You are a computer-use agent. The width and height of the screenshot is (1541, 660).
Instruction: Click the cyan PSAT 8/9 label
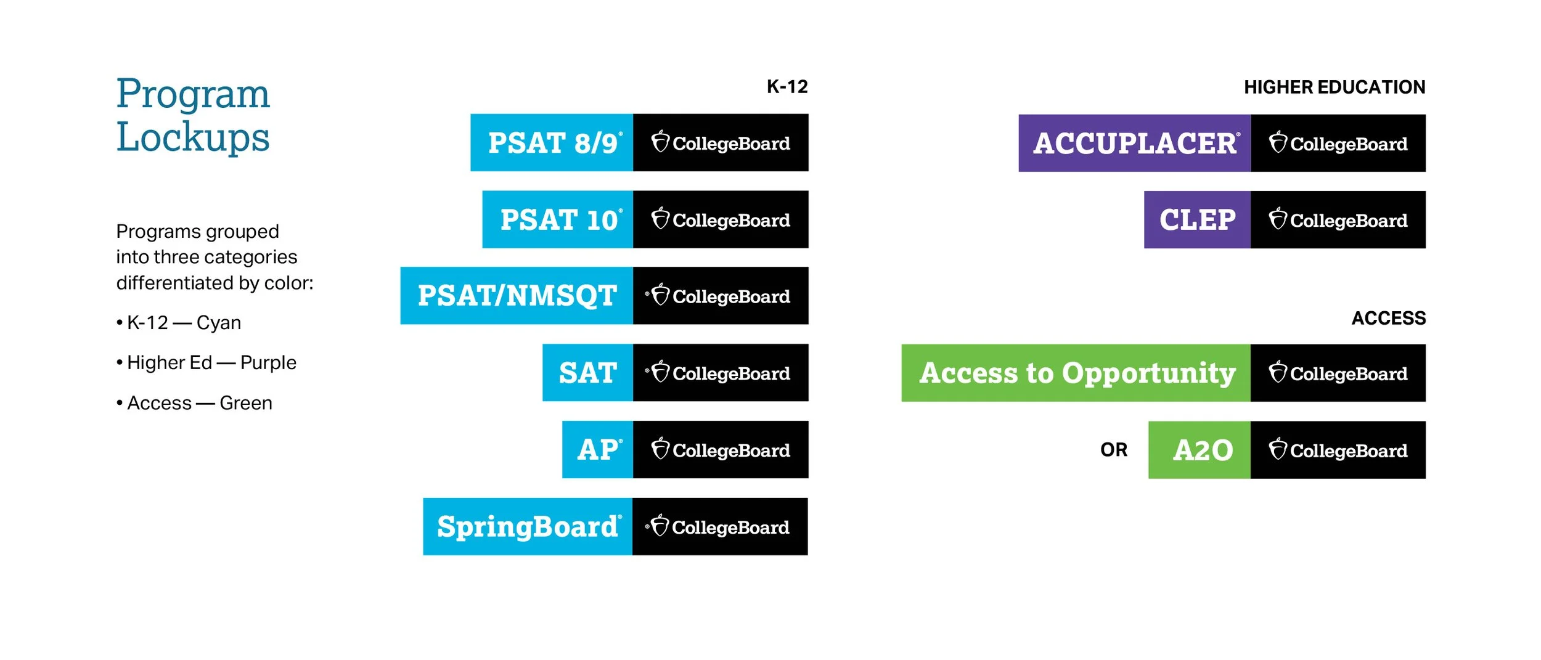point(552,142)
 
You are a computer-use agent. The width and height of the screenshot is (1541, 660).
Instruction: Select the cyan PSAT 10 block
point(557,219)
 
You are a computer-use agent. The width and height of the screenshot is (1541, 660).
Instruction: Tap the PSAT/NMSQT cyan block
point(517,296)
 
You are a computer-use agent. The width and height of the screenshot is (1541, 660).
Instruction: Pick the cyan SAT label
point(587,373)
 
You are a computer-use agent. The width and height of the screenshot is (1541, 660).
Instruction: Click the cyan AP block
point(597,450)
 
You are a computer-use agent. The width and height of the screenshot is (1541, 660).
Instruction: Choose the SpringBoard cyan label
point(528,527)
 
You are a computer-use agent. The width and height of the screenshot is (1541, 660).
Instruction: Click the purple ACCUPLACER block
point(1134,143)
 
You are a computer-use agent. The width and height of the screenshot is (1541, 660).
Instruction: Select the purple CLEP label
point(1197,220)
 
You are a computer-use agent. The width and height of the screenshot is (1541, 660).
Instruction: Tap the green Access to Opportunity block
point(1076,373)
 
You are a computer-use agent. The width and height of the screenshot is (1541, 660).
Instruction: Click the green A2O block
point(1200,450)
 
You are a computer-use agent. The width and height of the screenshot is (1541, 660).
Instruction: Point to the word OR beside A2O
point(1114,450)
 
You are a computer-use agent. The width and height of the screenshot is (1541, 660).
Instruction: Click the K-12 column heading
point(787,87)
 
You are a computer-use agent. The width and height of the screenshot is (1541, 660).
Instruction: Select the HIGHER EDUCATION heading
point(1335,88)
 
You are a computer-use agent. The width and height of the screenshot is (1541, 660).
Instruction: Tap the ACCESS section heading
point(1388,319)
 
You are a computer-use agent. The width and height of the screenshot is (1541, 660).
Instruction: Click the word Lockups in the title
point(193,137)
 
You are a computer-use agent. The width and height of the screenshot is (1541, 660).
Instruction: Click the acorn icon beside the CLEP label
point(1278,219)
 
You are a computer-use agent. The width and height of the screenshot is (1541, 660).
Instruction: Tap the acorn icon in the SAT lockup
point(660,372)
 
